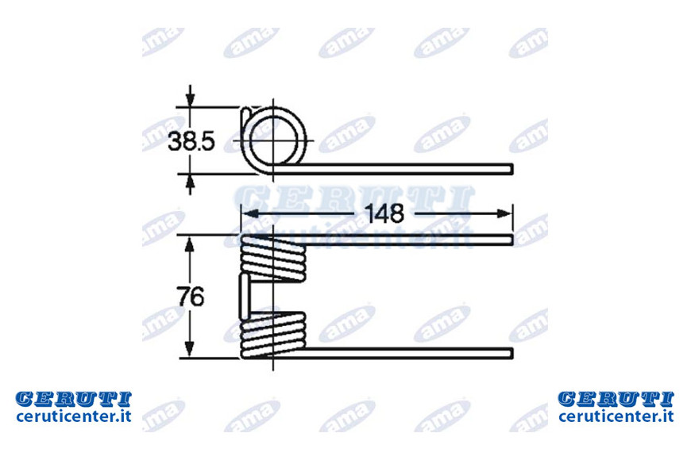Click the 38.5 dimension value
(191, 142)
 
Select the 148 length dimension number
(384, 213)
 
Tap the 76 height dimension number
(191, 297)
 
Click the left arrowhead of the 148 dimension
(252, 214)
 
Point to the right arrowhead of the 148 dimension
(504, 214)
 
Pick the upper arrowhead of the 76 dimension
(190, 245)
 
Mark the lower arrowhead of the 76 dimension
(190, 349)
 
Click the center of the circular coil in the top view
(273, 140)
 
